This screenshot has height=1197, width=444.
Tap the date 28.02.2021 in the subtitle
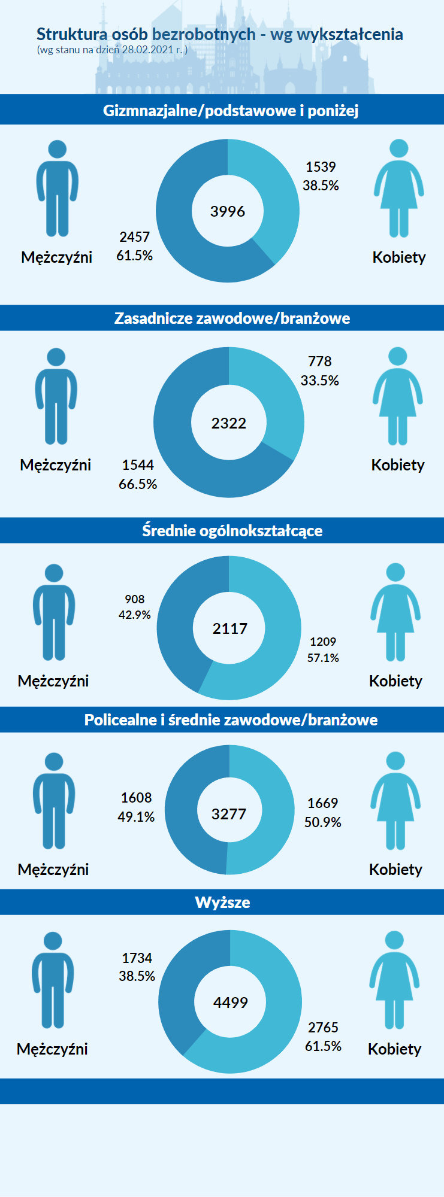click(147, 50)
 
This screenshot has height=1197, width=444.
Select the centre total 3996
click(228, 211)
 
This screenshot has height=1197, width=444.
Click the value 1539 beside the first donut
click(321, 167)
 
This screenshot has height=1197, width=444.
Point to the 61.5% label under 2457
click(134, 256)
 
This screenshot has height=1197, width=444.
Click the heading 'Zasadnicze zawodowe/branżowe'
click(232, 318)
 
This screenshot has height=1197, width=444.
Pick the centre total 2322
click(229, 423)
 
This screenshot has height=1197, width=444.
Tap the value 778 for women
click(319, 361)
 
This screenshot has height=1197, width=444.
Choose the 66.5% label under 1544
click(138, 484)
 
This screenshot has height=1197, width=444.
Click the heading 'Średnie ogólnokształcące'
click(232, 531)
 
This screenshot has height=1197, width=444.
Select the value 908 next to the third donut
click(135, 599)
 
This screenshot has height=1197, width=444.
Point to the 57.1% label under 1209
click(323, 658)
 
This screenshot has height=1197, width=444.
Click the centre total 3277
click(229, 814)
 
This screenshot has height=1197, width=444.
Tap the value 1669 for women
click(323, 803)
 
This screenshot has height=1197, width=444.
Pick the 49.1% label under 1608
click(136, 817)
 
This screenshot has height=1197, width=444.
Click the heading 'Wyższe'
click(222, 902)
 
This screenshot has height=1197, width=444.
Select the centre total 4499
click(231, 1002)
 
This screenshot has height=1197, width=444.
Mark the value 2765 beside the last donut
click(323, 1028)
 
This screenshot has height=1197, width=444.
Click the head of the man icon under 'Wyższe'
click(53, 941)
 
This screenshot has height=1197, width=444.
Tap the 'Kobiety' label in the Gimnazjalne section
click(399, 257)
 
